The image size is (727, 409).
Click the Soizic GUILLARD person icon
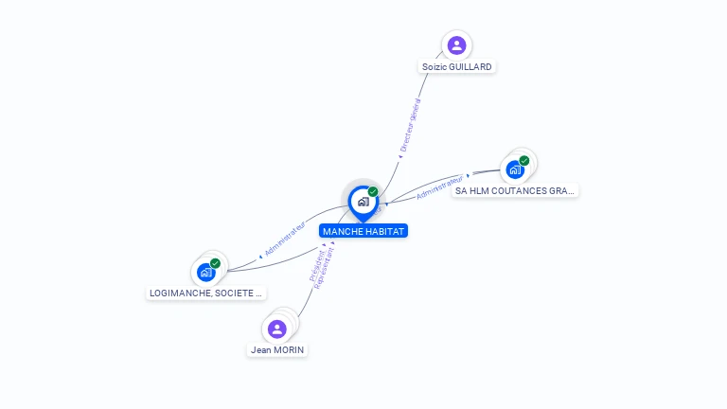click(457, 44)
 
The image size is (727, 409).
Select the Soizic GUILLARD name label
click(458, 67)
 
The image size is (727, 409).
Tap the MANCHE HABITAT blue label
click(363, 231)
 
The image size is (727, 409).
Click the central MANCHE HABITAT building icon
click(363, 202)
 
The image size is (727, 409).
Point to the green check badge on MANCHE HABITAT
click(373, 192)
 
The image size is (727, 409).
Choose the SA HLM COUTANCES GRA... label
click(515, 190)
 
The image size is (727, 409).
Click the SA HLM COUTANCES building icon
click(515, 169)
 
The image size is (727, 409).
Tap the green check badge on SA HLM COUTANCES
click(524, 161)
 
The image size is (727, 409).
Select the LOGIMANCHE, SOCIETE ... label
click(205, 293)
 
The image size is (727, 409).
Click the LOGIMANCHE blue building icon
click(205, 273)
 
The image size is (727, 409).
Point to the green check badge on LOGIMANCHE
click(216, 263)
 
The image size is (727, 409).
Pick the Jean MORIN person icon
click(276, 329)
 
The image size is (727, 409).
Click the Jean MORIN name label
click(278, 350)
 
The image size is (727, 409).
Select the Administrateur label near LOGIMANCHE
click(285, 240)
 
